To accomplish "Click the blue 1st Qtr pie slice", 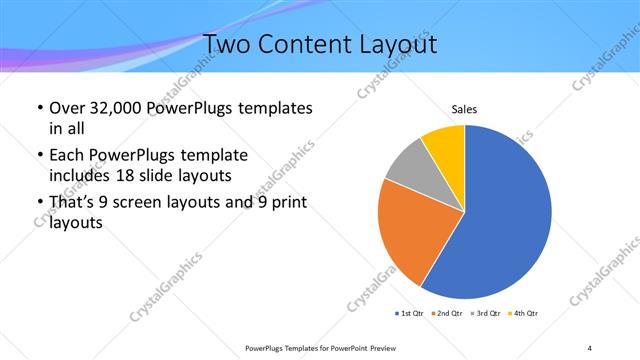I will point(500,220).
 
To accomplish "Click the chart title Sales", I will point(465,109).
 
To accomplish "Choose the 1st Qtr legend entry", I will point(409,314).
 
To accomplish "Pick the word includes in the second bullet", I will point(80,174).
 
